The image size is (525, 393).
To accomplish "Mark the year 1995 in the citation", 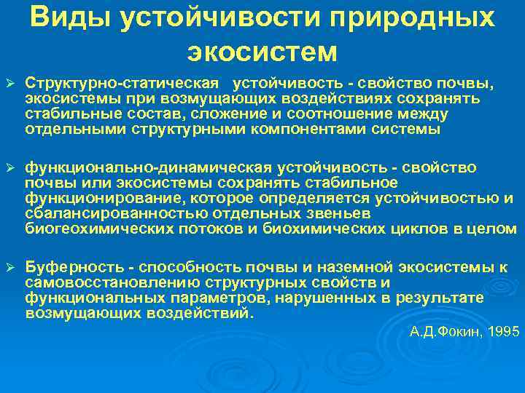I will (505, 331).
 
